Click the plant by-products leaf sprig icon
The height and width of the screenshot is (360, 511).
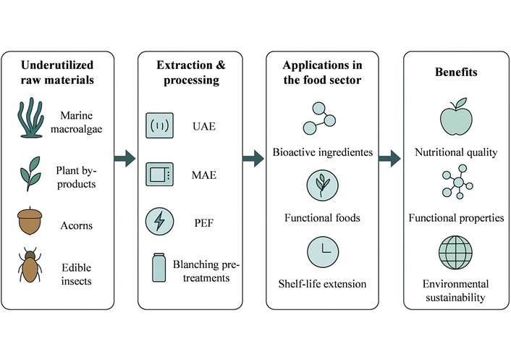pos(30,174)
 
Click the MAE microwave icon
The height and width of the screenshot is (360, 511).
pos(159,174)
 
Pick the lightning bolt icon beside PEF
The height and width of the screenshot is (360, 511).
pos(159,220)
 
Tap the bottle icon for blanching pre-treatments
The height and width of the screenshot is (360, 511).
pos(158,269)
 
